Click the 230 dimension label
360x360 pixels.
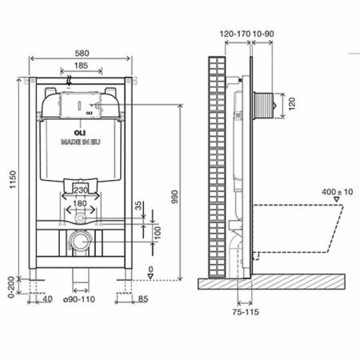tap(80, 190)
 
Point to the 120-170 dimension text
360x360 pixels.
tap(233, 34)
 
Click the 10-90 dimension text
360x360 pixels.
tap(262, 34)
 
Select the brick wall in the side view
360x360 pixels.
tap(217, 160)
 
